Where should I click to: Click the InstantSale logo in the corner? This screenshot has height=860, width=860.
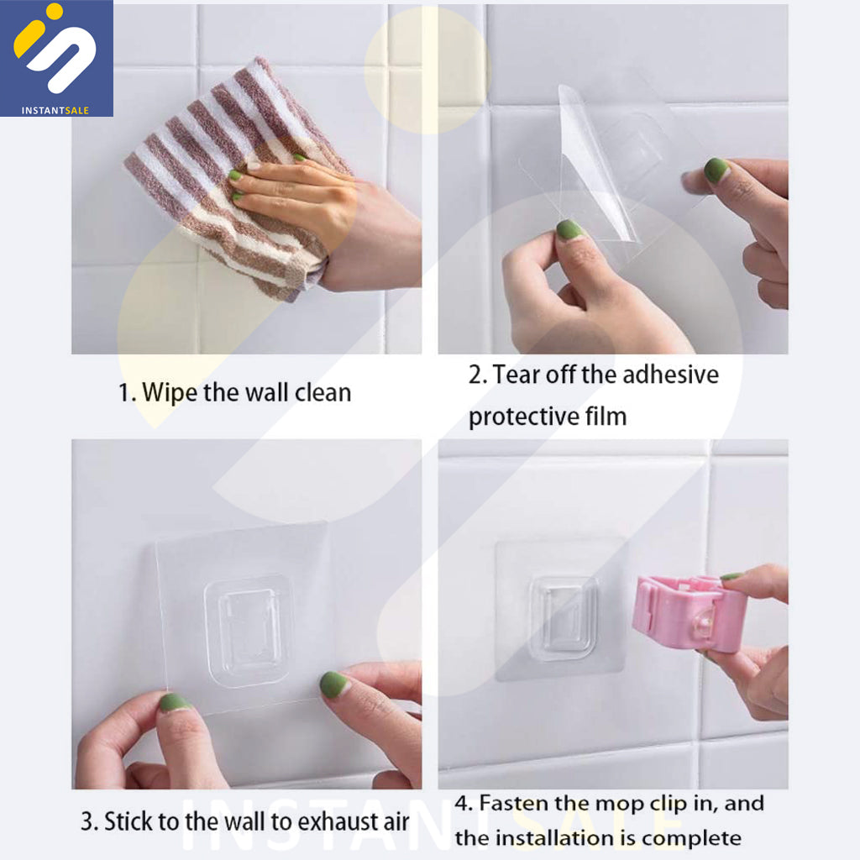(x=56, y=58)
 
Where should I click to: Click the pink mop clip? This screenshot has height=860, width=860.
(x=689, y=612)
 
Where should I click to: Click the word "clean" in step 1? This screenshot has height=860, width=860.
(x=323, y=393)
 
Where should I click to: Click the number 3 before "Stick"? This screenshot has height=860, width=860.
(x=87, y=822)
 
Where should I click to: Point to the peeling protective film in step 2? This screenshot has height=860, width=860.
(x=596, y=165)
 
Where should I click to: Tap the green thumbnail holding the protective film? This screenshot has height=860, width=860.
(x=569, y=229)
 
